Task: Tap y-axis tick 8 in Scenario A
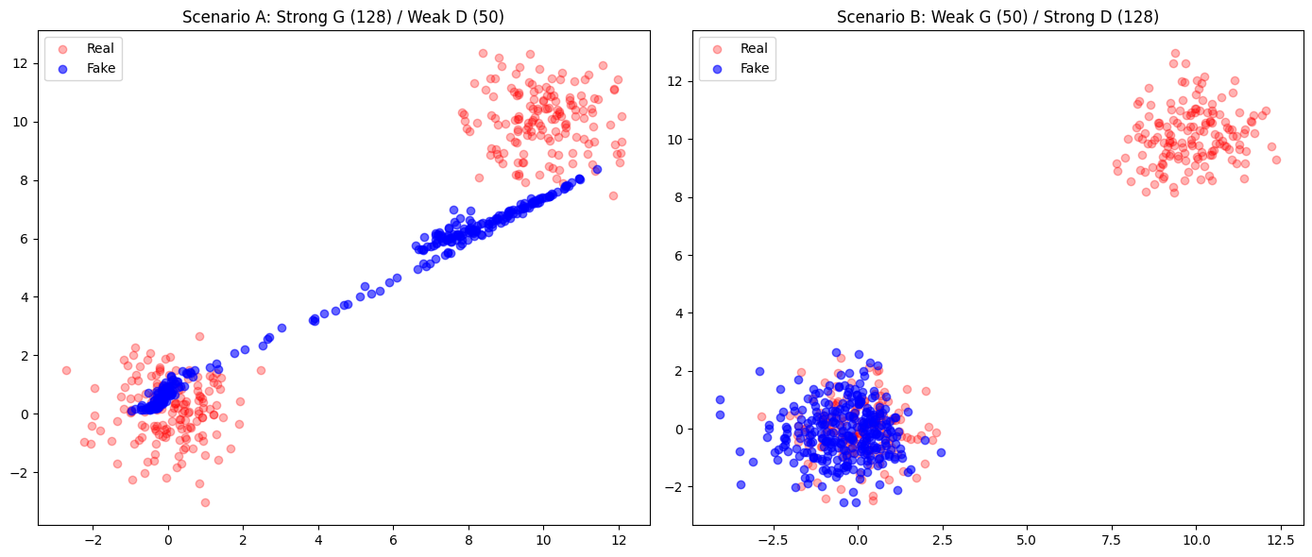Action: (25, 180)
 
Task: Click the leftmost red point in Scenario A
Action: (66, 370)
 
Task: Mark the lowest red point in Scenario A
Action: (205, 502)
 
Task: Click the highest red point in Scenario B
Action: (1175, 53)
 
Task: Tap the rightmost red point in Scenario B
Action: (1276, 160)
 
